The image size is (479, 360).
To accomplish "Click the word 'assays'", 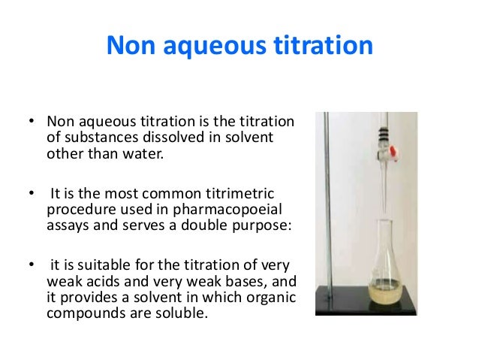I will (65, 225).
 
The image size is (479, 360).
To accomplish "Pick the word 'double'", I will (181, 225).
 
